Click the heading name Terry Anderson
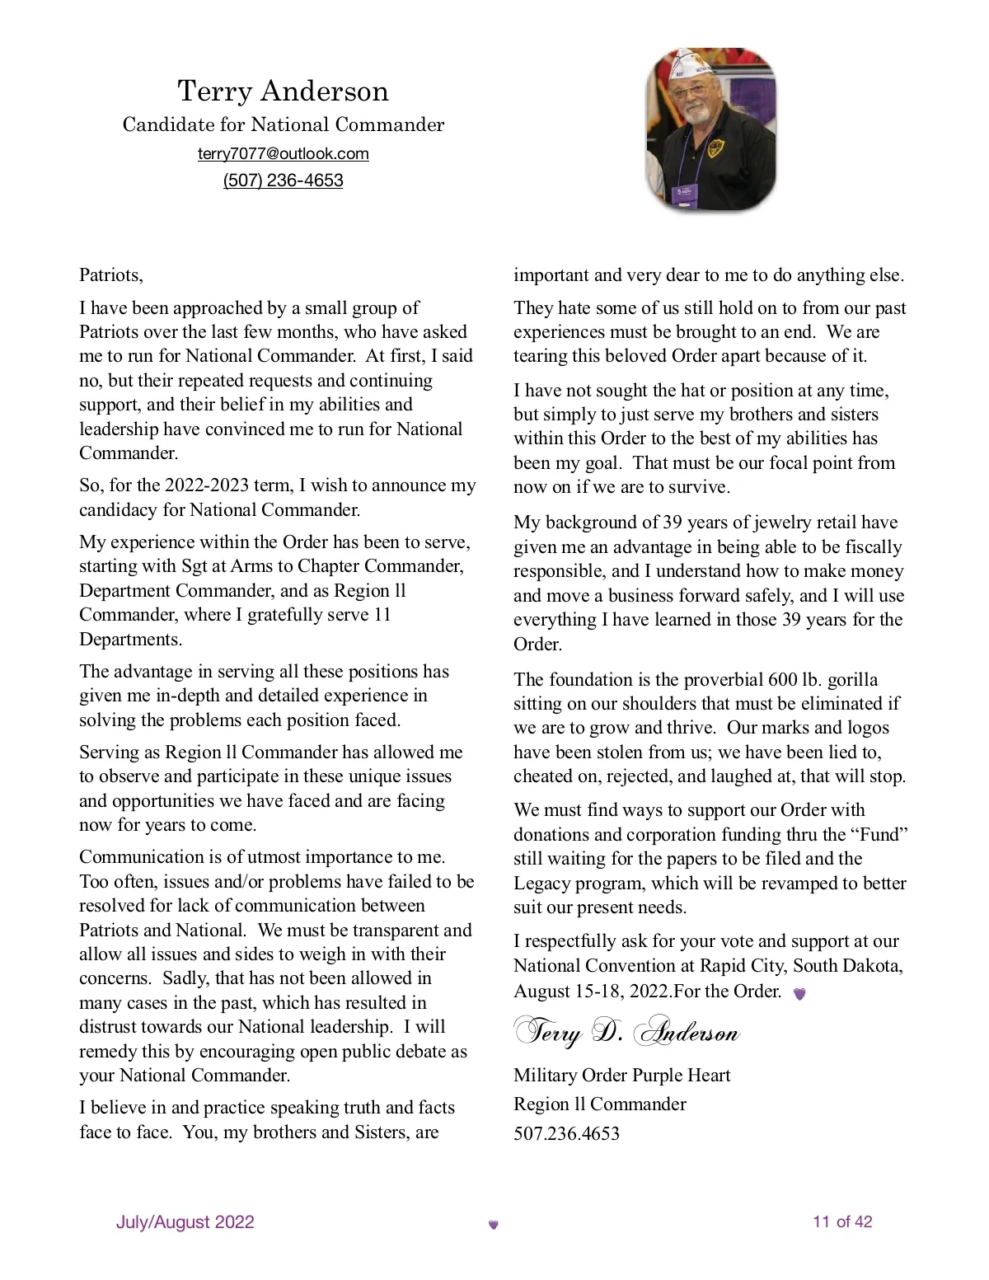click(x=283, y=91)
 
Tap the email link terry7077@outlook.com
click(x=283, y=154)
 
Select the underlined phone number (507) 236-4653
click(x=283, y=181)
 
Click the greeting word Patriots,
click(x=111, y=275)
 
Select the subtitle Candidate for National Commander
click(x=283, y=124)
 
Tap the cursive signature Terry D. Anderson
click(x=626, y=1032)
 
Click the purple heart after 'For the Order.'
click(x=799, y=994)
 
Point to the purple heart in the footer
click(x=494, y=1225)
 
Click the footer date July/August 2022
click(x=185, y=1222)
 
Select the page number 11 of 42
click(x=842, y=1222)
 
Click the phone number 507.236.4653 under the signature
click(x=566, y=1133)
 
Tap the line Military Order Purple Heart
click(x=621, y=1076)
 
